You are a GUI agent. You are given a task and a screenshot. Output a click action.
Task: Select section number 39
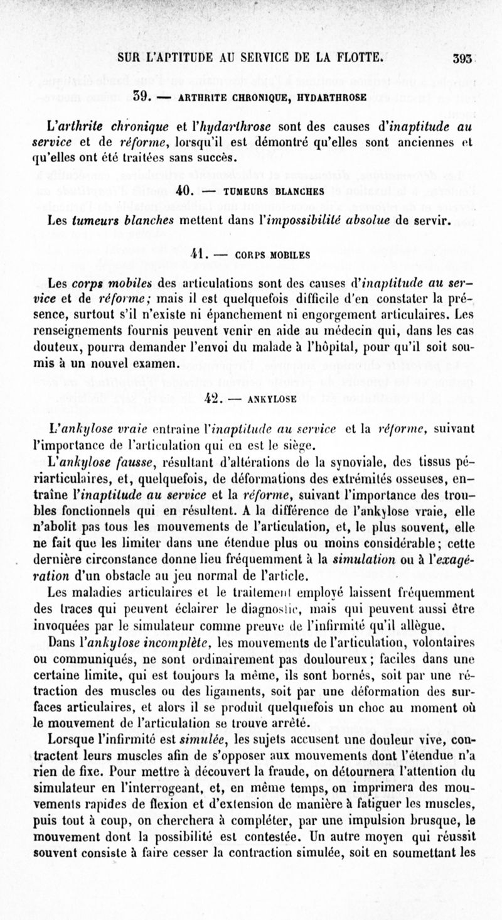pos(145,97)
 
